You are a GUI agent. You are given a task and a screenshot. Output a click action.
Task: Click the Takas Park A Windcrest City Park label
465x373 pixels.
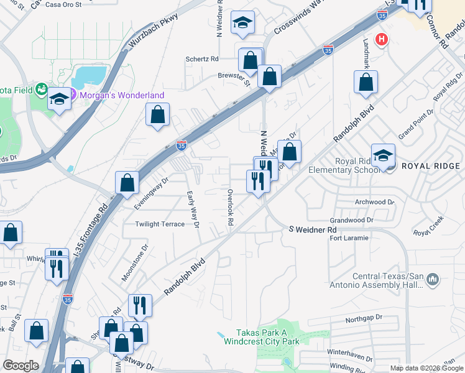pos(267,338)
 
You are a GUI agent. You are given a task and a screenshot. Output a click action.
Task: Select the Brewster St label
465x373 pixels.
pos(234,78)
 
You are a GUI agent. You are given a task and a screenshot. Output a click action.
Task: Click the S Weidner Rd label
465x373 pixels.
pos(312,230)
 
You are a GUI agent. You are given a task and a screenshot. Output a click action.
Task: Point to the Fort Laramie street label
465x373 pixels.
pos(349,238)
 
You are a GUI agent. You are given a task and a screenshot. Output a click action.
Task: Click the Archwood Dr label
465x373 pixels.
pos(374,202)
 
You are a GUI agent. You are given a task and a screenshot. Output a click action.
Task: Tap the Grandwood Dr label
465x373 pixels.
pos(351,220)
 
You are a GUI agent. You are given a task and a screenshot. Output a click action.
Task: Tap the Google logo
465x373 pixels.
pos(21,366)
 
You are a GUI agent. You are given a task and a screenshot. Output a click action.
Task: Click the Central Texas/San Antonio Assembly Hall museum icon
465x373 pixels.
pos(433,281)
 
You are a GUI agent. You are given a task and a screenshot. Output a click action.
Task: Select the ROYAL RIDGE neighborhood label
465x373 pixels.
pos(431,166)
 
